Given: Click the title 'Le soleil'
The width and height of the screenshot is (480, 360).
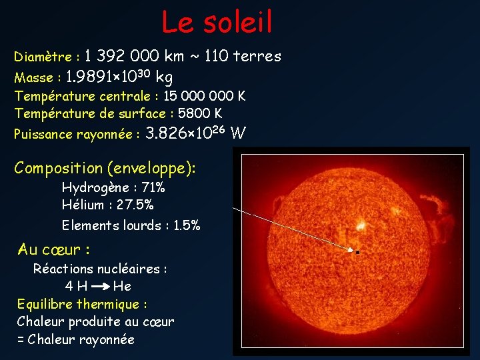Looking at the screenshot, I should (217, 22).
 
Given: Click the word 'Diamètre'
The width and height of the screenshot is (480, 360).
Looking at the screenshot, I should (43, 57).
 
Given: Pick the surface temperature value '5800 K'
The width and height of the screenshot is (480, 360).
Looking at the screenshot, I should (200, 113).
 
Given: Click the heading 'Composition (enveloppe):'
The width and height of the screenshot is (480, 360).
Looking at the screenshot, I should (105, 167).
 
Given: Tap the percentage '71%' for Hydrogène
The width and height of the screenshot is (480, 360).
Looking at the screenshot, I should (153, 187).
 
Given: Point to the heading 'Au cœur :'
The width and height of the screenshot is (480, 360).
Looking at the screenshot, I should (54, 250).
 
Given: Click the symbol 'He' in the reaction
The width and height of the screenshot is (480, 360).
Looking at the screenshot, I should (122, 287).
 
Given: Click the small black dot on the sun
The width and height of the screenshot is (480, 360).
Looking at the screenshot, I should (358, 253).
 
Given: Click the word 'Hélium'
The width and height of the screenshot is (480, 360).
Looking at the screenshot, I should (83, 205).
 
